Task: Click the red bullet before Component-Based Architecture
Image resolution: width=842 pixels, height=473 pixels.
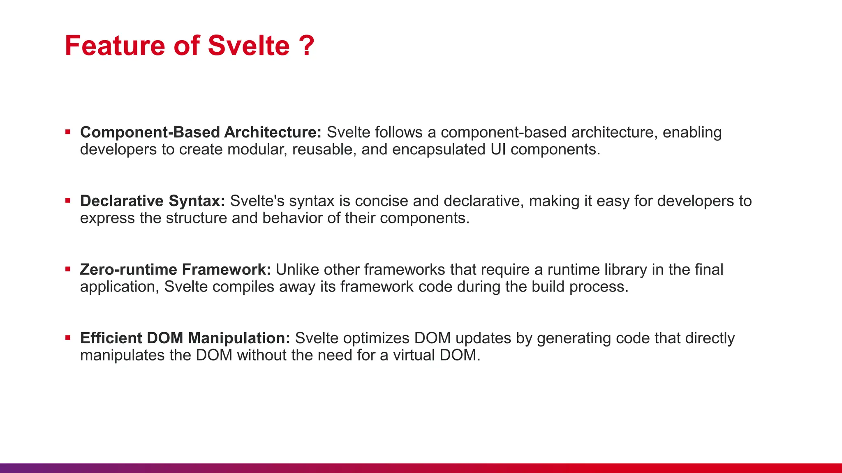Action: [x=68, y=132]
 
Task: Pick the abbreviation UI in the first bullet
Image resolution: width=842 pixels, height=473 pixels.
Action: [x=498, y=149]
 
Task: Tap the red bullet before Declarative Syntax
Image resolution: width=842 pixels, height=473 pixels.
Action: [x=68, y=201]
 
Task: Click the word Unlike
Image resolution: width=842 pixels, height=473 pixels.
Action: [x=297, y=269]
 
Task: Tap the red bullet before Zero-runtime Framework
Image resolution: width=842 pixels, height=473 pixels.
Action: [x=68, y=269]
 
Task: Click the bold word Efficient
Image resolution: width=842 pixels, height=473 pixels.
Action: [x=111, y=338]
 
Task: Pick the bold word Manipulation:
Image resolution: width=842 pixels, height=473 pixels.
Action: [x=239, y=338]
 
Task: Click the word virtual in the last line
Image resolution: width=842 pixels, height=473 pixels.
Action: [x=414, y=355]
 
